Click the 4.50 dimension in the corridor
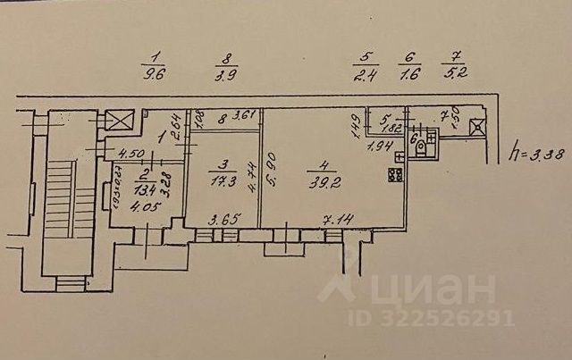pyautogui.click(x=132, y=153)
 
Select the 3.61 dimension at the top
pyautogui.click(x=231, y=116)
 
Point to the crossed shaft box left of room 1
pyautogui.click(x=117, y=120)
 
